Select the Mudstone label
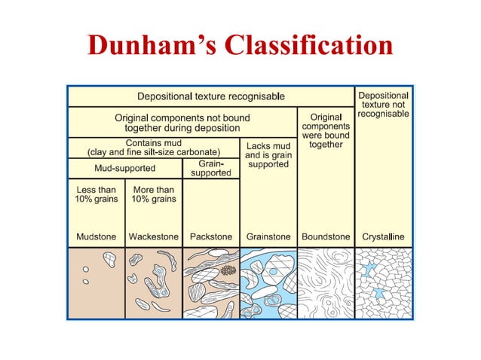[97, 236]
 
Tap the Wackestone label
[154, 236]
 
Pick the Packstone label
[212, 236]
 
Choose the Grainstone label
[268, 236]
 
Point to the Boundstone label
[326, 236]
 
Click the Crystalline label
[383, 236]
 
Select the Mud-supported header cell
[125, 168]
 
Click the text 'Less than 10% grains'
[97, 194]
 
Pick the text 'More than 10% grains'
[154, 194]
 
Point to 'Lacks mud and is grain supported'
[268, 154]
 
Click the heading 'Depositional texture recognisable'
[210, 96]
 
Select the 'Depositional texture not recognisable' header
[383, 105]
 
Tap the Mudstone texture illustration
[97, 282]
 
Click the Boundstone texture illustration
[326, 282]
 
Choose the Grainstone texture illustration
[268, 282]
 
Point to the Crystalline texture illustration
[383, 282]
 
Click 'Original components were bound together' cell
[326, 130]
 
